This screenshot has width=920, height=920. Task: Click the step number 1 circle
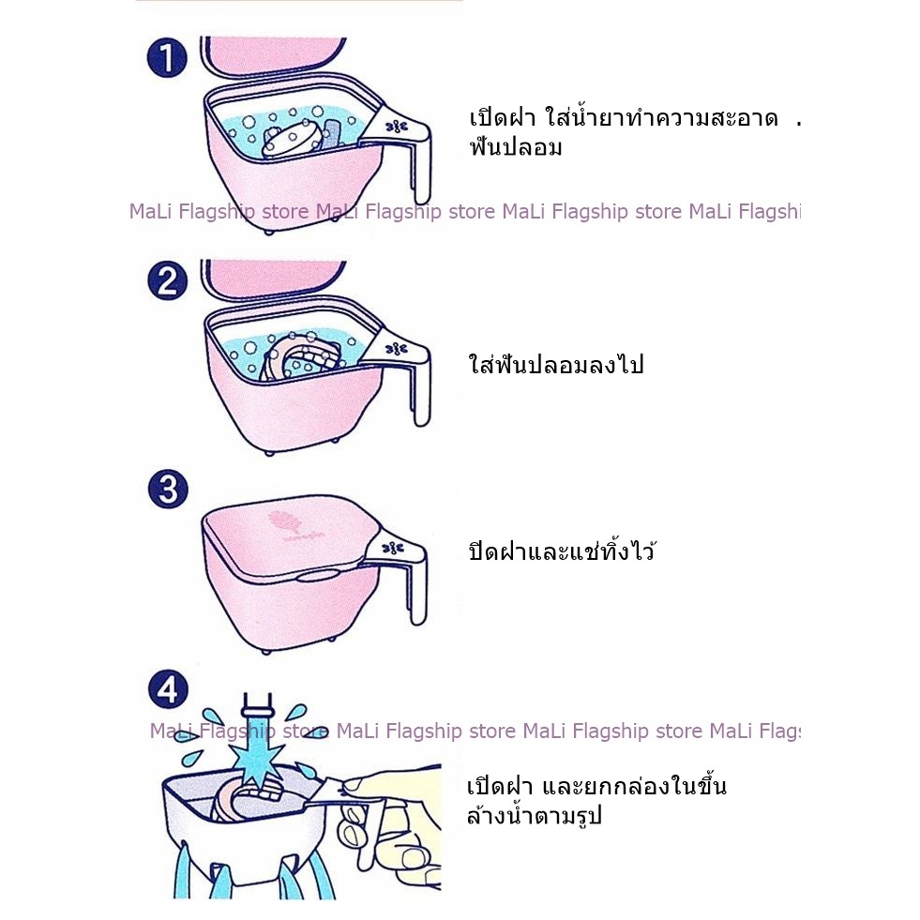167,57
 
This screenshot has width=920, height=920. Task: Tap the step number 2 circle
168,280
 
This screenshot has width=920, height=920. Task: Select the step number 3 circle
169,489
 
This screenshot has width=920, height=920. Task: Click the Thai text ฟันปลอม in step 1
516,146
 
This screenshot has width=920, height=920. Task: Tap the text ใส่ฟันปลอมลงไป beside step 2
556,365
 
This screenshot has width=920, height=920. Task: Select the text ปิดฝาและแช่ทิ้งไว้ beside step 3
562,550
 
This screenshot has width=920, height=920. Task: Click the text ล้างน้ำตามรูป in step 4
535,814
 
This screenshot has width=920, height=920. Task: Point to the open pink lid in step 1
273,55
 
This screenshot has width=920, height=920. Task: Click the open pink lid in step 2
274,279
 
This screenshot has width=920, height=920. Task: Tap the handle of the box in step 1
405,146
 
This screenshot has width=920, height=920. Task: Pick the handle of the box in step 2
405,370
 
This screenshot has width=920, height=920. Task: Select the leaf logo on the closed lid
277,520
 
